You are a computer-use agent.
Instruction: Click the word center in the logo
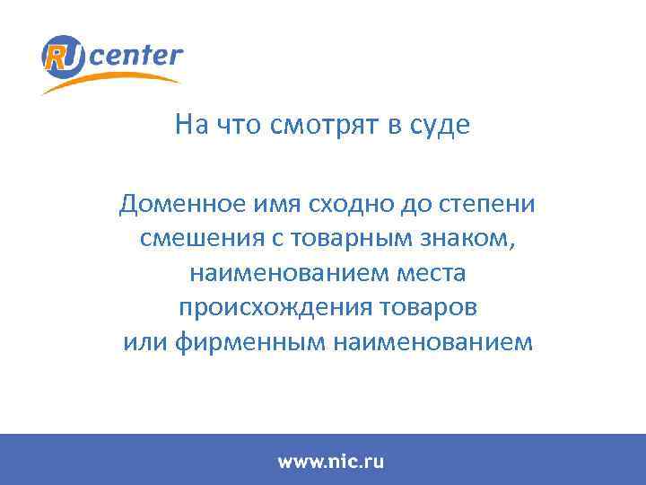[x=135, y=56]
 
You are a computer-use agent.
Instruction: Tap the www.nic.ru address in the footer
[x=330, y=462]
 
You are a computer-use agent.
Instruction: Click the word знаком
[x=468, y=239]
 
